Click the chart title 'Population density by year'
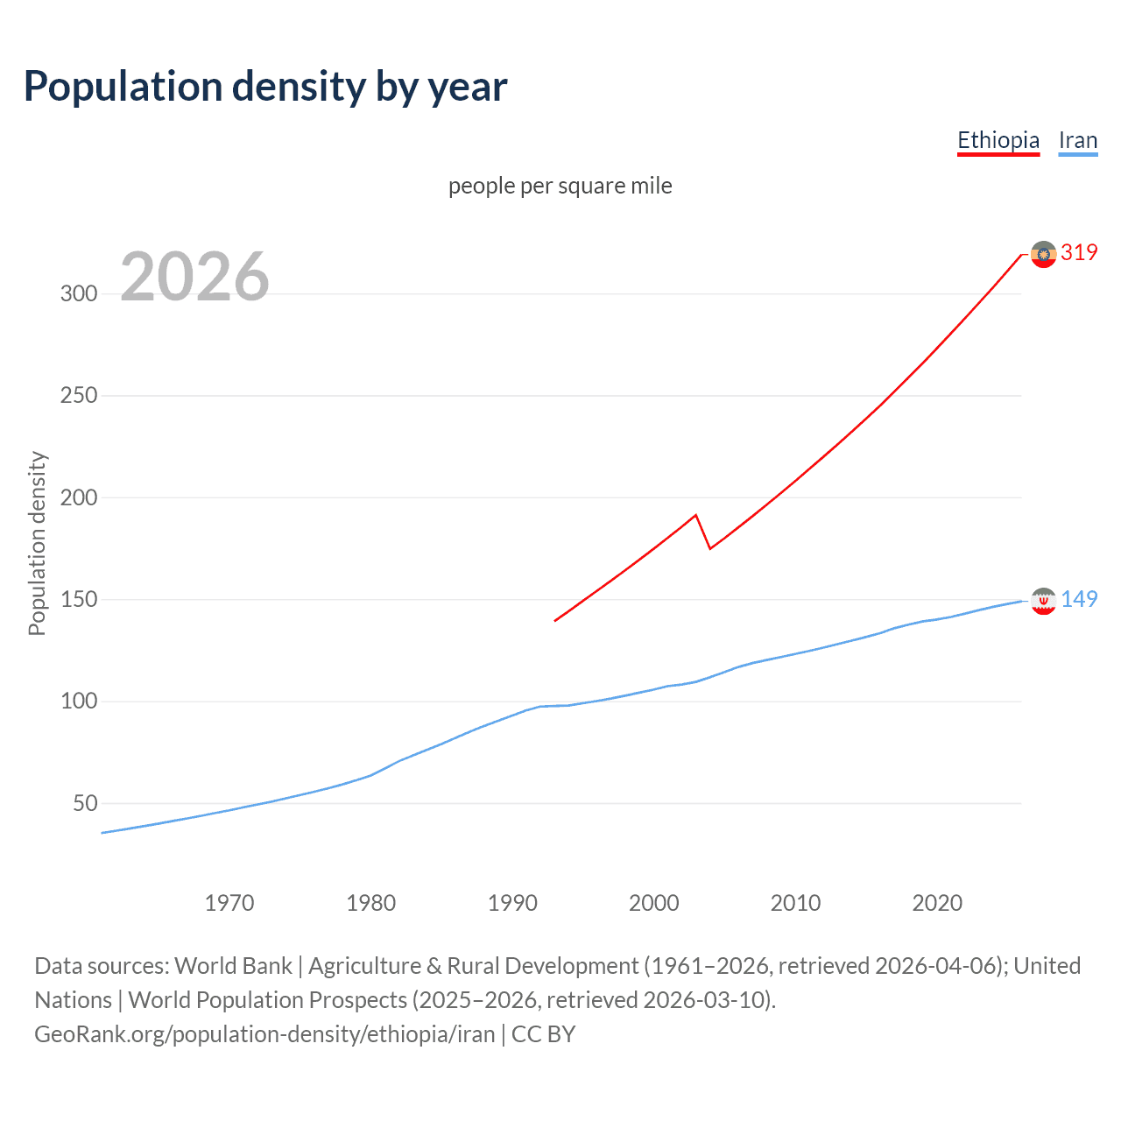click(x=265, y=87)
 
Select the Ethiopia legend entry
click(x=998, y=140)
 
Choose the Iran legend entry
click(x=1077, y=140)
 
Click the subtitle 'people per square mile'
click(x=560, y=186)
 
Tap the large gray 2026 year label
click(x=194, y=277)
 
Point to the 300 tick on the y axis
click(x=79, y=293)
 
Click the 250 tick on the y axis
click(x=79, y=396)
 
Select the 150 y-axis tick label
click(x=79, y=600)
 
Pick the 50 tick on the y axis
click(x=84, y=804)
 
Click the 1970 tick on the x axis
click(x=229, y=903)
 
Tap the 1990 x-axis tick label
click(x=512, y=903)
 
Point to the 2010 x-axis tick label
click(x=795, y=903)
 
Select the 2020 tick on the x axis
click(x=937, y=903)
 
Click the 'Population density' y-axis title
click(x=37, y=543)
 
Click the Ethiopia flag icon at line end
click(x=1043, y=254)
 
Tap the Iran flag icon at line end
click(x=1043, y=601)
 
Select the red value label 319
click(x=1079, y=253)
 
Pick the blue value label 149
click(x=1079, y=599)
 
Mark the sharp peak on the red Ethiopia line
click(x=695, y=515)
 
